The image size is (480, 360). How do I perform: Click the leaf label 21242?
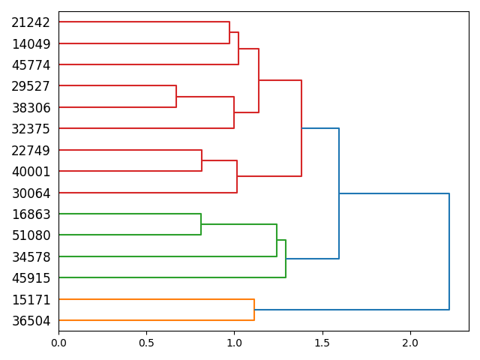click(x=31, y=23)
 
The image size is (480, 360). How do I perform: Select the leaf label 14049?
click(x=31, y=44)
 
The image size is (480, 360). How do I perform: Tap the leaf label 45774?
click(x=31, y=65)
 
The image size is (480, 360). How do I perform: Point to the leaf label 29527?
click(x=31, y=87)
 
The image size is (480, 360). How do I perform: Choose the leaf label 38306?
click(x=31, y=108)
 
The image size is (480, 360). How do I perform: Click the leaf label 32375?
click(x=31, y=129)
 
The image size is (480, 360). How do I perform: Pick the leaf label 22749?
click(x=31, y=151)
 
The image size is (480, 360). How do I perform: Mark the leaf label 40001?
click(x=31, y=172)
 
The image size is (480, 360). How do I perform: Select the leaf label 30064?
click(x=31, y=193)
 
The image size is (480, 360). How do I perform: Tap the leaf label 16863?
click(x=31, y=214)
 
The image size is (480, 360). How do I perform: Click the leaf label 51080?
click(x=31, y=235)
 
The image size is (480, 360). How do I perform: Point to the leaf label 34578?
click(x=31, y=257)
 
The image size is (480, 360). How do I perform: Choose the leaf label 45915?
click(x=31, y=278)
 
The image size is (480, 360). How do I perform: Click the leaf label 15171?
click(x=31, y=300)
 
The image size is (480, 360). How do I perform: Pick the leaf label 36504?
click(x=31, y=321)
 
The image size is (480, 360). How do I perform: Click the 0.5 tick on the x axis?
click(x=146, y=342)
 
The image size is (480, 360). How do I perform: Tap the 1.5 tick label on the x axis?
click(x=322, y=342)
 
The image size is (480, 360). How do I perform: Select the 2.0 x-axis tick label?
click(x=410, y=342)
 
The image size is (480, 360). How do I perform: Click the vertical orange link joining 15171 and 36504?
click(x=254, y=310)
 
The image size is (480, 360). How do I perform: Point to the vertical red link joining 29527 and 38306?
click(x=176, y=97)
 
